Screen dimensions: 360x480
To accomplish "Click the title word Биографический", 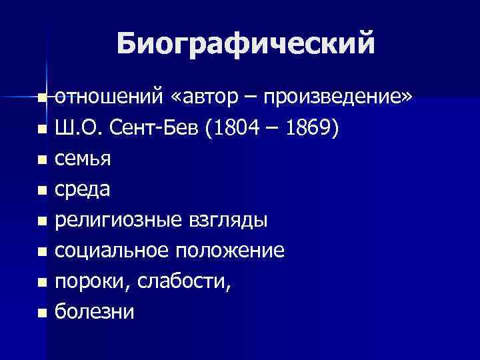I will coord(245,45).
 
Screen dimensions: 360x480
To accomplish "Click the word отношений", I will coord(107,98).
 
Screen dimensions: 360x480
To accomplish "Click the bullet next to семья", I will coord(43,160).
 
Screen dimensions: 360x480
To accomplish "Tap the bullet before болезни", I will coord(43,313).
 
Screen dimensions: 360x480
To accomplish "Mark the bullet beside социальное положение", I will coord(43,252).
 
